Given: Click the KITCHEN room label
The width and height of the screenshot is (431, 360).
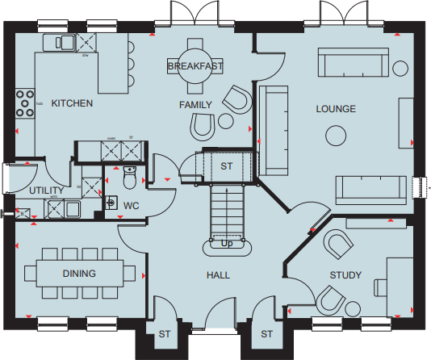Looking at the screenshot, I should click(72, 104).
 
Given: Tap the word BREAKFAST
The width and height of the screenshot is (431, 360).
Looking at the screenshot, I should click(195, 65).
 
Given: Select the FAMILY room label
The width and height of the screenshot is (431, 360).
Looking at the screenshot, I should click(195, 105).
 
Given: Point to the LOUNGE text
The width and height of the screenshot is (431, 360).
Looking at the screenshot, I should click(336, 109).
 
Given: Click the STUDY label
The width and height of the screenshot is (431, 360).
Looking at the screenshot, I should click(345, 275).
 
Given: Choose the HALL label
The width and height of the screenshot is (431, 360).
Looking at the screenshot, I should click(218, 275).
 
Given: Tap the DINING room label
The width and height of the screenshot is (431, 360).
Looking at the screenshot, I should click(79, 274).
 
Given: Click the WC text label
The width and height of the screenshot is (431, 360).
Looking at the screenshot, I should click(131, 206).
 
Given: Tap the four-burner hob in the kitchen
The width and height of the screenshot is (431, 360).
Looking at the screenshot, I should click(24, 103).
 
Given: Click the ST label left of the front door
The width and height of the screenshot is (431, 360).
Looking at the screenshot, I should click(165, 333).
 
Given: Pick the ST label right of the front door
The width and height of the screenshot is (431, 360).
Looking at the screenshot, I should click(267, 333).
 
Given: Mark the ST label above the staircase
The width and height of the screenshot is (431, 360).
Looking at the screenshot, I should click(227, 166).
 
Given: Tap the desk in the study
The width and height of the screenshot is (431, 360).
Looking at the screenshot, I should click(399, 282).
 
